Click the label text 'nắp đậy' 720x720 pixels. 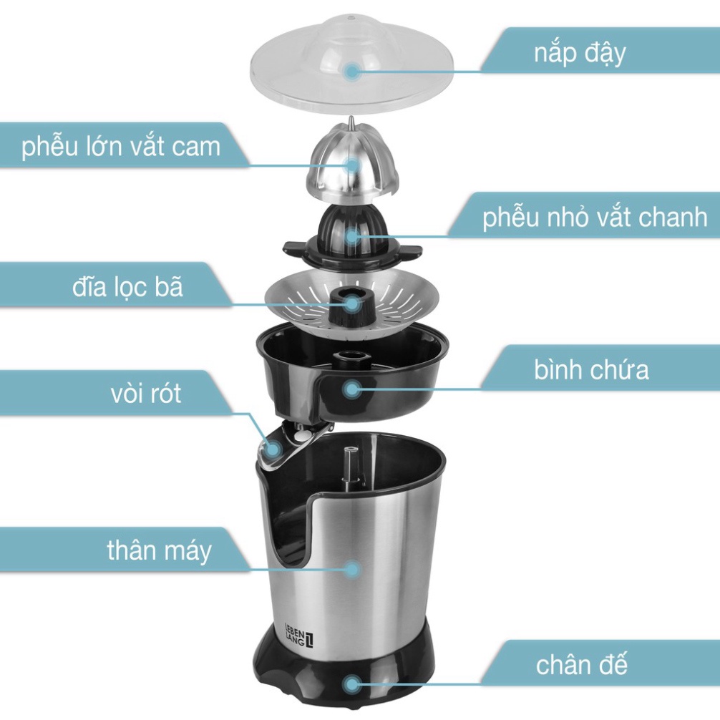tap(580, 54)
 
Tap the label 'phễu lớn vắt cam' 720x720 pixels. tap(120, 147)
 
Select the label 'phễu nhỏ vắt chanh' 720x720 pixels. tap(594, 217)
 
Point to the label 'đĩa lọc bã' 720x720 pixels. tap(127, 287)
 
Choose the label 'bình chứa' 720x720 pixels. tap(591, 370)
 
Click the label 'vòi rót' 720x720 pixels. tap(145, 394)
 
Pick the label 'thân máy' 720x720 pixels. tap(159, 551)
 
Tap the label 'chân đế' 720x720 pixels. tap(581, 665)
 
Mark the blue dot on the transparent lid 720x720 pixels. tap(351, 70)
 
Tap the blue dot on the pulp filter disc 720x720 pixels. tap(351, 303)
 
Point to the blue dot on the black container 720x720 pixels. tap(351, 389)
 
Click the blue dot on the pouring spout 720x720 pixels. tap(273, 449)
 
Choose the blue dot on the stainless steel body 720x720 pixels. tap(351, 570)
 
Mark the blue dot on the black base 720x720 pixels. tap(351, 683)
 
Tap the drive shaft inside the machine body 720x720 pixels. tap(351, 466)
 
